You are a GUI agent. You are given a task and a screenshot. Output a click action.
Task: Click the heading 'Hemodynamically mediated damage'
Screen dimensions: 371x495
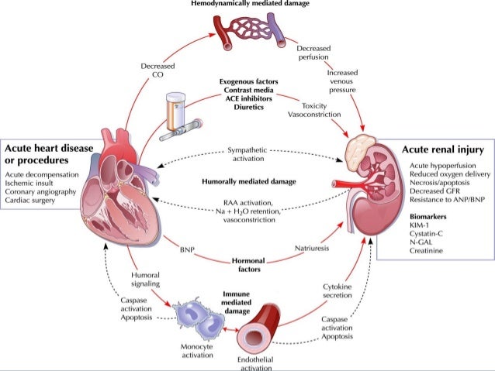(x=247, y=5)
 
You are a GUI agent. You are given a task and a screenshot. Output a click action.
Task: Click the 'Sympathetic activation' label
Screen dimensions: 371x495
(x=247, y=153)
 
